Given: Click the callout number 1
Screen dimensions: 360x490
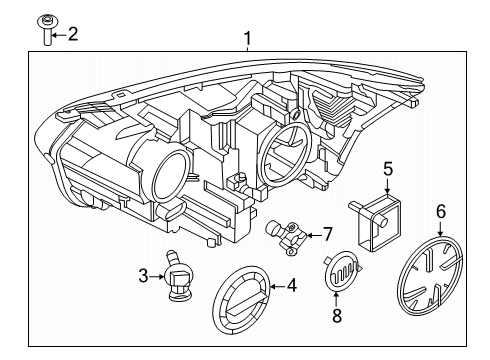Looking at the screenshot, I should pos(247,41).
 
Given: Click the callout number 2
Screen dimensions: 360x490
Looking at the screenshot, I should pos(72,35).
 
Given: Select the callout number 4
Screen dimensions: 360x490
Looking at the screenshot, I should pos(291,285).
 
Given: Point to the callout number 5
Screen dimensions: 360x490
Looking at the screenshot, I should pos(389,171).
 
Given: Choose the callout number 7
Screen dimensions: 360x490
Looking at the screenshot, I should pos(326,234).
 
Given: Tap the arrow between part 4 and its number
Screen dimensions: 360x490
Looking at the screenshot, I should pos(274,286).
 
